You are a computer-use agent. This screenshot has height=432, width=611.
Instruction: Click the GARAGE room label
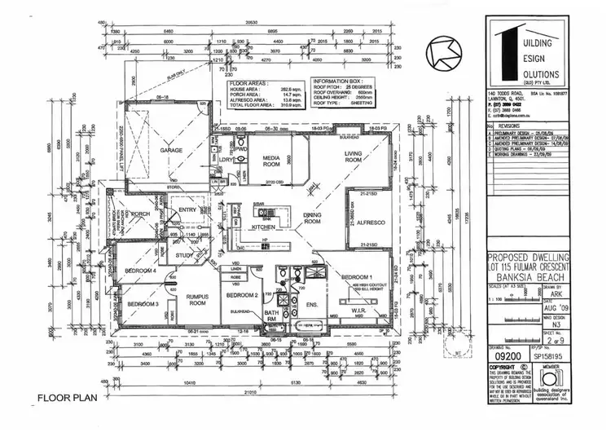tap(170, 151)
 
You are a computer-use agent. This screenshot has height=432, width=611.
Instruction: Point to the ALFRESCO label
tap(367, 220)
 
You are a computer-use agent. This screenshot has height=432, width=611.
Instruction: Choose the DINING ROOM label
tap(314, 218)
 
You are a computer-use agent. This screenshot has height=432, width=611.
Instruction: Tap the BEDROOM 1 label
tap(358, 277)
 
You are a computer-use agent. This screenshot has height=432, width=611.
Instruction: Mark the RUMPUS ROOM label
tap(196, 298)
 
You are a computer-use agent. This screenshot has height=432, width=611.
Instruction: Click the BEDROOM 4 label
tap(141, 271)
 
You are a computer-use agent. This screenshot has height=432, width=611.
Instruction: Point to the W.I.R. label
tap(360, 309)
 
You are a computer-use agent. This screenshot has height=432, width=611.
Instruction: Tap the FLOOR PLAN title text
tap(66, 399)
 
